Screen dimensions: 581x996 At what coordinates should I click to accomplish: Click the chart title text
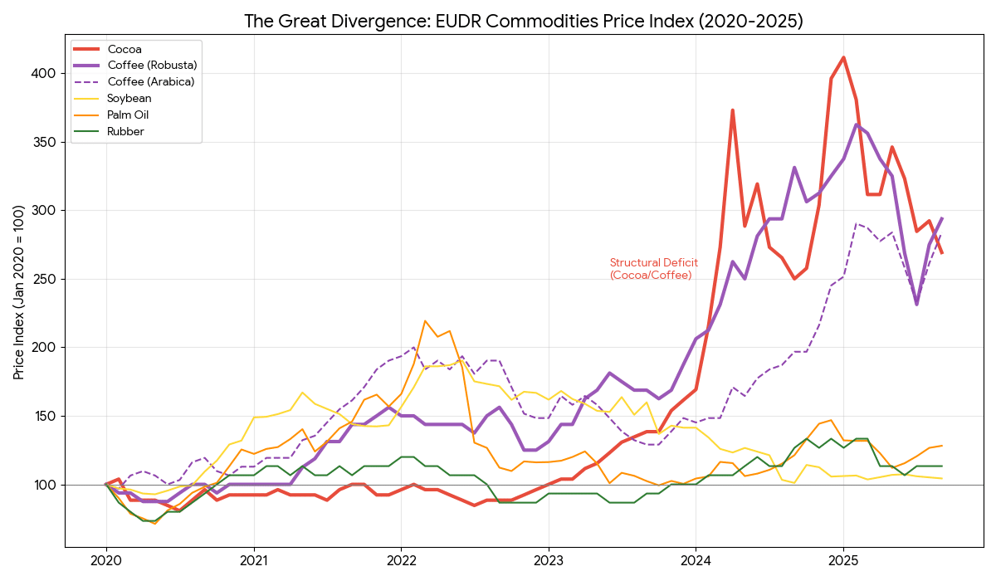[523, 21]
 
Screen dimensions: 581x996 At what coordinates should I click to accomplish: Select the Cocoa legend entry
[124, 49]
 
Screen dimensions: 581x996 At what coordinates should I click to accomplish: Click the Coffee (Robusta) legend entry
[152, 65]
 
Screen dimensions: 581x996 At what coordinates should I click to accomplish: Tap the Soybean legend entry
[129, 98]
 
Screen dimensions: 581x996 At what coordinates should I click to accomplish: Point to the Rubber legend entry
[125, 131]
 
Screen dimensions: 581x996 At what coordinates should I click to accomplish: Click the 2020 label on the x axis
[105, 561]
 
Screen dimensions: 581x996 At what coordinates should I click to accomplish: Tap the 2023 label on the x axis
[549, 561]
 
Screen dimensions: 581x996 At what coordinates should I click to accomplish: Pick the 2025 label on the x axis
[843, 561]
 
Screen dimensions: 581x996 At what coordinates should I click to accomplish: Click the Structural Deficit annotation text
[653, 269]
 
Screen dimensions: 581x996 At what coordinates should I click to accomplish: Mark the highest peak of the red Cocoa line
[843, 57]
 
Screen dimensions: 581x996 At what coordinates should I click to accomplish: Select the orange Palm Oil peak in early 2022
[425, 320]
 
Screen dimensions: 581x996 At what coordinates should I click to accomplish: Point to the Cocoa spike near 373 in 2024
[732, 110]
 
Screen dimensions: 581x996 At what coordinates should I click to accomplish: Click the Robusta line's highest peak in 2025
[856, 124]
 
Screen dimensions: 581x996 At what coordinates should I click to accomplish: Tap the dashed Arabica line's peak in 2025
[856, 223]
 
